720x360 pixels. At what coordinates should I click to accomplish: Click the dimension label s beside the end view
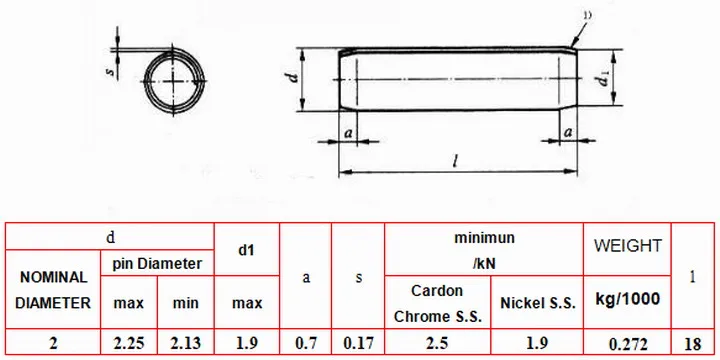[110, 72]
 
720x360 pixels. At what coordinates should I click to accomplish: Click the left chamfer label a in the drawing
[348, 133]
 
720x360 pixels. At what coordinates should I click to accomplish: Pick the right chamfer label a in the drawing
[568, 132]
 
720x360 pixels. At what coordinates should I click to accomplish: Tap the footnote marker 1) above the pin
[587, 15]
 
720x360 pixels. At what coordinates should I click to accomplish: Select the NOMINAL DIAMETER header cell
[53, 290]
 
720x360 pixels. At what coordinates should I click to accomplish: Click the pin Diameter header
[158, 263]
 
